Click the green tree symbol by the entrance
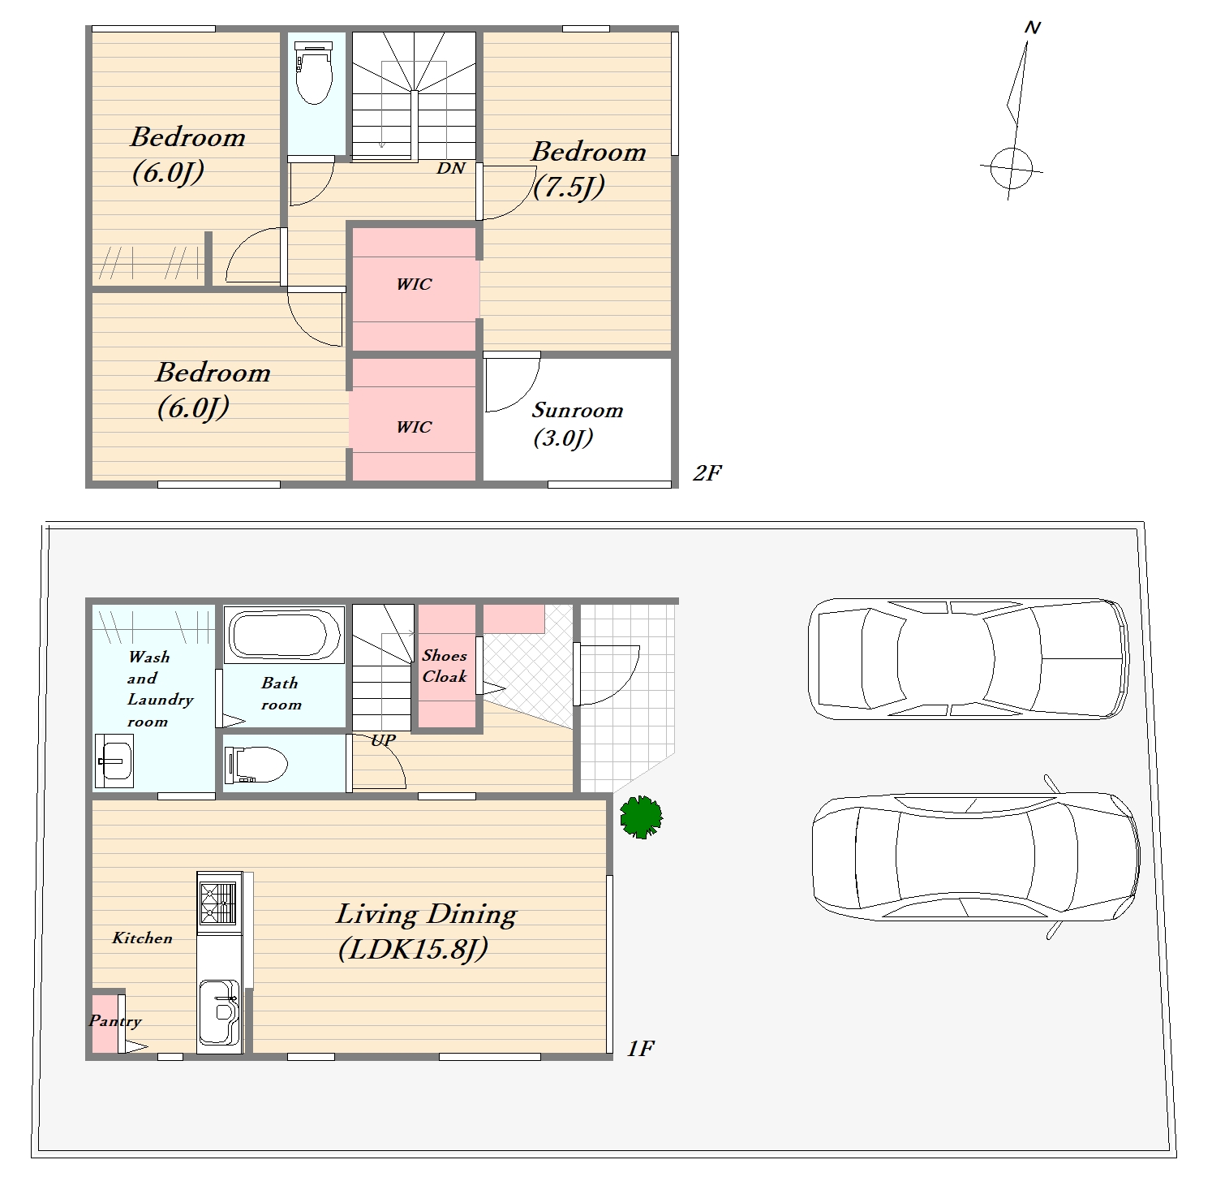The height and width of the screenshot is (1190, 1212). tap(641, 817)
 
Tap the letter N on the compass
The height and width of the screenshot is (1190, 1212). tap(1033, 28)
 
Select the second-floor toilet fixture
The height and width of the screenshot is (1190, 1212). tap(313, 74)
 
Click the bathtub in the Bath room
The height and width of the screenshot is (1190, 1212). tap(284, 635)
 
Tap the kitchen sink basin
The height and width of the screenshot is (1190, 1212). tap(219, 1012)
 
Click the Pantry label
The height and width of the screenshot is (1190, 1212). tap(115, 1022)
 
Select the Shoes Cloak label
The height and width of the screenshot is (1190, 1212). tap(445, 666)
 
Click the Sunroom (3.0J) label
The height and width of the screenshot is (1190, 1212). tap(577, 424)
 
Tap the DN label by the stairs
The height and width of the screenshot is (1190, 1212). tap(451, 168)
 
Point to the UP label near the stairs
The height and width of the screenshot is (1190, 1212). tap(383, 740)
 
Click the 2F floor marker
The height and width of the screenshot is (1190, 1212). tap(707, 473)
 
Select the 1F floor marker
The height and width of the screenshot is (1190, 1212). tap(640, 1049)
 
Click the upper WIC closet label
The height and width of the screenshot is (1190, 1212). tap(414, 284)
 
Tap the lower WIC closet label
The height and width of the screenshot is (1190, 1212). tap(414, 427)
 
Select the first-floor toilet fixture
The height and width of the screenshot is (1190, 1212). tap(256, 765)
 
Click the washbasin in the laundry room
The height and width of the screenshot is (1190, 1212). tap(114, 761)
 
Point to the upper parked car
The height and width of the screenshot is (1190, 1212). tap(969, 658)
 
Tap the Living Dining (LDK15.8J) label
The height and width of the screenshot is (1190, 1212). tap(426, 931)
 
